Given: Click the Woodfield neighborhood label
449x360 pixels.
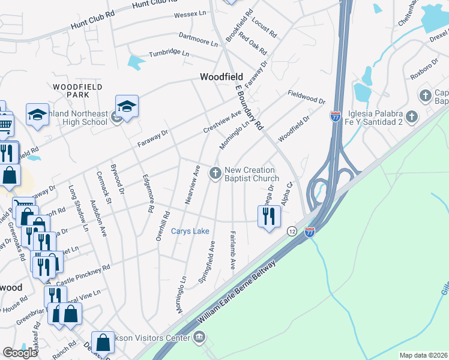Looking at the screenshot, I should pos(221,77).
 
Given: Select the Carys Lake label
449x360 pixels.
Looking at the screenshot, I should pos(190,231).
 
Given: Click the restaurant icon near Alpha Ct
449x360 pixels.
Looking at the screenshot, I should pos(269,217).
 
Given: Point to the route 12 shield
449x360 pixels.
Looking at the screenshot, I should pos(292,231).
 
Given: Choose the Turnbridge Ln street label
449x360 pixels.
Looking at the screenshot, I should pos(169,53).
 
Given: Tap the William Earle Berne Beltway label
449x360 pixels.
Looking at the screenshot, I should pos(236,293).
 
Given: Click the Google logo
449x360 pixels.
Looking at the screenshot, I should pos(20,353).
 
